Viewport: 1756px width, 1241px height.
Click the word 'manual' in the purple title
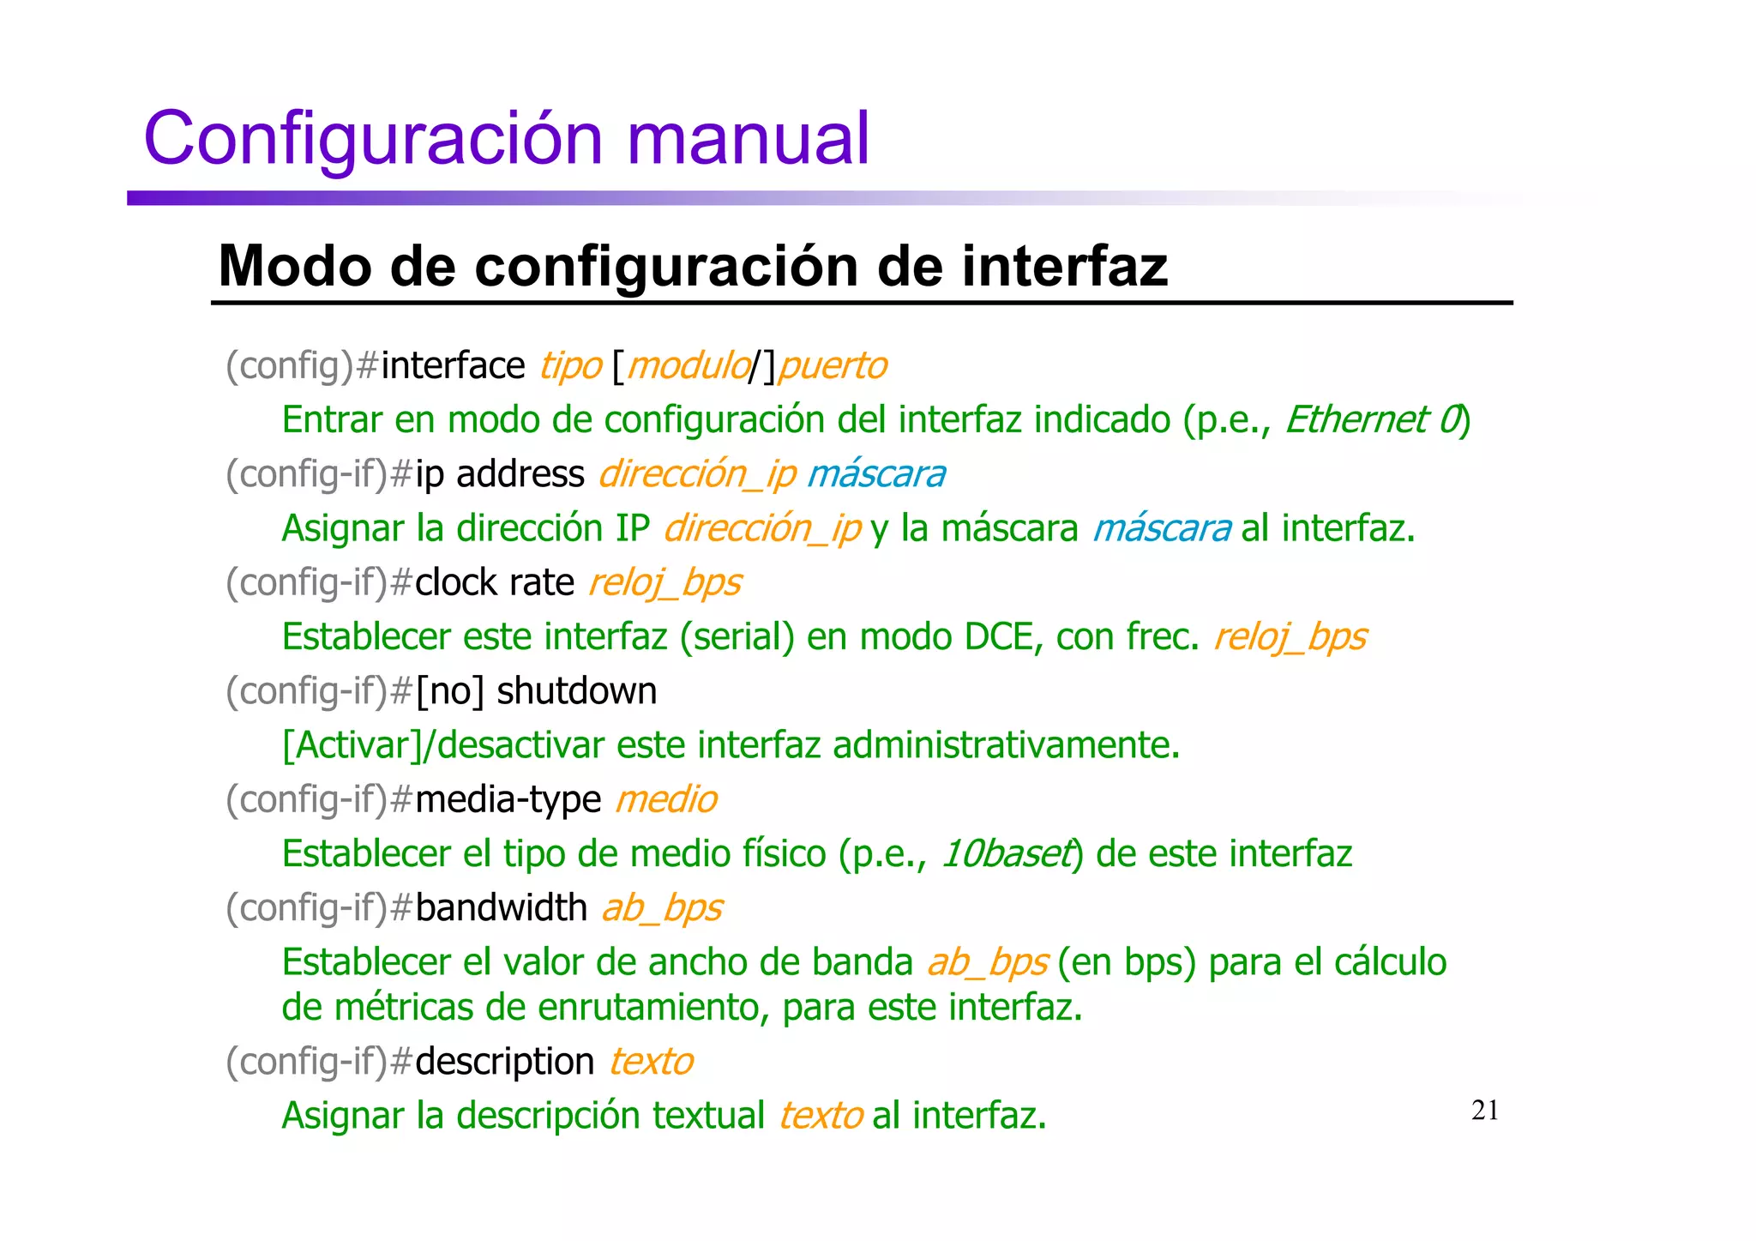point(748,139)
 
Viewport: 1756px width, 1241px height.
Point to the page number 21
point(1485,1111)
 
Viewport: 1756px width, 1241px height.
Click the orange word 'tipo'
point(570,366)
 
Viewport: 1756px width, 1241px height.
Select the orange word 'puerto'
point(833,366)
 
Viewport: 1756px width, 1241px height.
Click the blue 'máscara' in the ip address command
point(876,474)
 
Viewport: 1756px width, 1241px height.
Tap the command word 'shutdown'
point(576,691)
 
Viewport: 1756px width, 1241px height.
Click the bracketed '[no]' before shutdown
point(450,691)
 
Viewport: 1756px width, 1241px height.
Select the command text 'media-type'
point(508,800)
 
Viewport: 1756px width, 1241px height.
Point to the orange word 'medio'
point(666,800)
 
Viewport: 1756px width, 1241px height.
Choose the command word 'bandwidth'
point(501,908)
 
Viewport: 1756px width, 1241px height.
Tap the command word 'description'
point(504,1062)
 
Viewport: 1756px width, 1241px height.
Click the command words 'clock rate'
point(494,583)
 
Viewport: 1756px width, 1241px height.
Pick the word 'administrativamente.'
point(1006,745)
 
